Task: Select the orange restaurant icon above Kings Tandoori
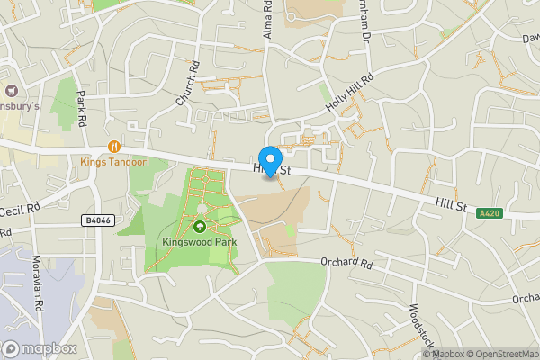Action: [113, 147]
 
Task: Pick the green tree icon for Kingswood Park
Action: [199, 226]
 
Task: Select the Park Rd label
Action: [81, 107]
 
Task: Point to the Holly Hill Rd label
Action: [348, 93]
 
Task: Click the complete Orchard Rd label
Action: [346, 264]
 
